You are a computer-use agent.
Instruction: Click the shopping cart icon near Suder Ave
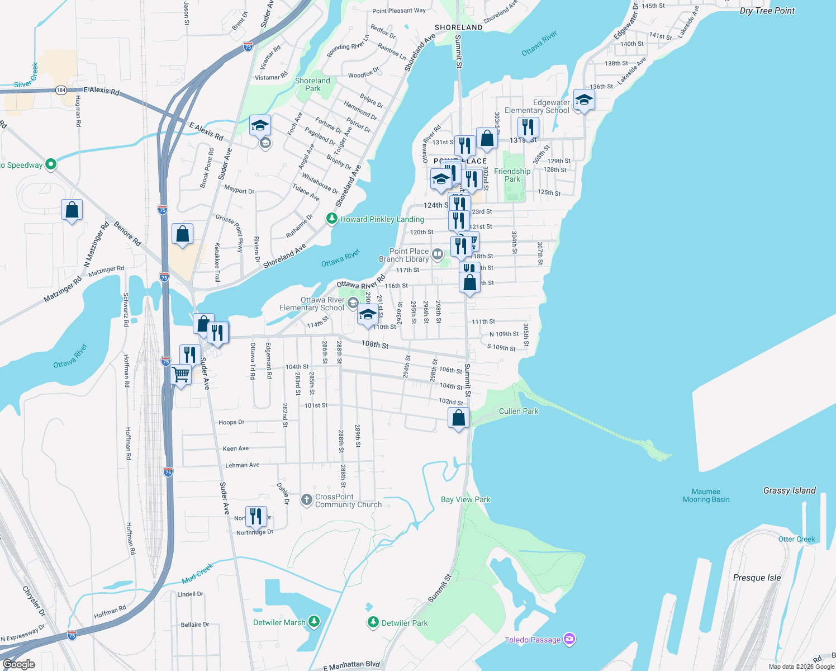(181, 374)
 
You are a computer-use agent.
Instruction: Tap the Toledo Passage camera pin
(569, 639)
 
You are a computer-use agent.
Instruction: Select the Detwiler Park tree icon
(373, 622)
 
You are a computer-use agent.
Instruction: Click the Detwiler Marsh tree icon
(314, 622)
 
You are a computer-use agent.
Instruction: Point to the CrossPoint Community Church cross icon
(306, 500)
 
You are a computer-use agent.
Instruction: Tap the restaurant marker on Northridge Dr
(256, 517)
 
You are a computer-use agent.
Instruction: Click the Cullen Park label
(519, 411)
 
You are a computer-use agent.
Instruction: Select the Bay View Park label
(465, 499)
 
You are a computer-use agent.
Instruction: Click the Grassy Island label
(789, 490)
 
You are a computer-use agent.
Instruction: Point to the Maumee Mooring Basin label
(706, 495)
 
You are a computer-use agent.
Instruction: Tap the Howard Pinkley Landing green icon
(332, 219)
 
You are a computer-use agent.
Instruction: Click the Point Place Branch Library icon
(438, 254)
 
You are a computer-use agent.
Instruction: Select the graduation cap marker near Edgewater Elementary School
(584, 100)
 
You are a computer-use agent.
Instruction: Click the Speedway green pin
(51, 164)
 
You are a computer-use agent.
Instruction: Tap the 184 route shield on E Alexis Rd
(61, 90)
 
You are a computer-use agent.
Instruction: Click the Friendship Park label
(512, 175)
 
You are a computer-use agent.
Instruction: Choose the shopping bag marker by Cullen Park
(458, 418)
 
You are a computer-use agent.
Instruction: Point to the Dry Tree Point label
(767, 11)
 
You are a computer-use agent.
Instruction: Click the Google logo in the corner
(18, 664)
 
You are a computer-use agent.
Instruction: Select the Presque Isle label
(757, 578)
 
